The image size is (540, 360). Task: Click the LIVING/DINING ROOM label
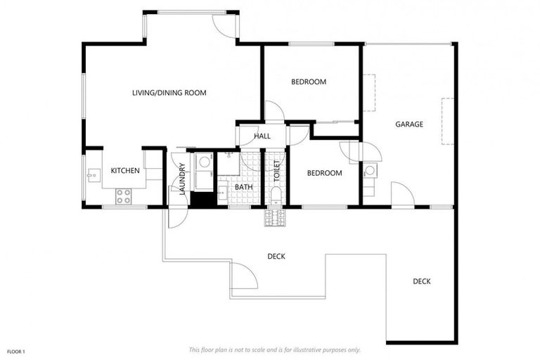[169, 92]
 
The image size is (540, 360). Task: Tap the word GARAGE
[409, 124]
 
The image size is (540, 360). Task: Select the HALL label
[262, 136]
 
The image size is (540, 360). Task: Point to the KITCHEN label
[125, 170]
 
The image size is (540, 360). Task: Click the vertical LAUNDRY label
[181, 179]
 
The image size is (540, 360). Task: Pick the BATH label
[243, 187]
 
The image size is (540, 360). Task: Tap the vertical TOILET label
[277, 172]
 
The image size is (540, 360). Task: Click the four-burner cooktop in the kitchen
[124, 197]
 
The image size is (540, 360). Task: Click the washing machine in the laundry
[205, 162]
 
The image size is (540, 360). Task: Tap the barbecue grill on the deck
[273, 219]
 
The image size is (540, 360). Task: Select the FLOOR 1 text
[16, 350]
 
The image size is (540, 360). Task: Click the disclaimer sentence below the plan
[275, 349]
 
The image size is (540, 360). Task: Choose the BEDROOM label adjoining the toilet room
[324, 173]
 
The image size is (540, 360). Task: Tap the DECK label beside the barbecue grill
[276, 256]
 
